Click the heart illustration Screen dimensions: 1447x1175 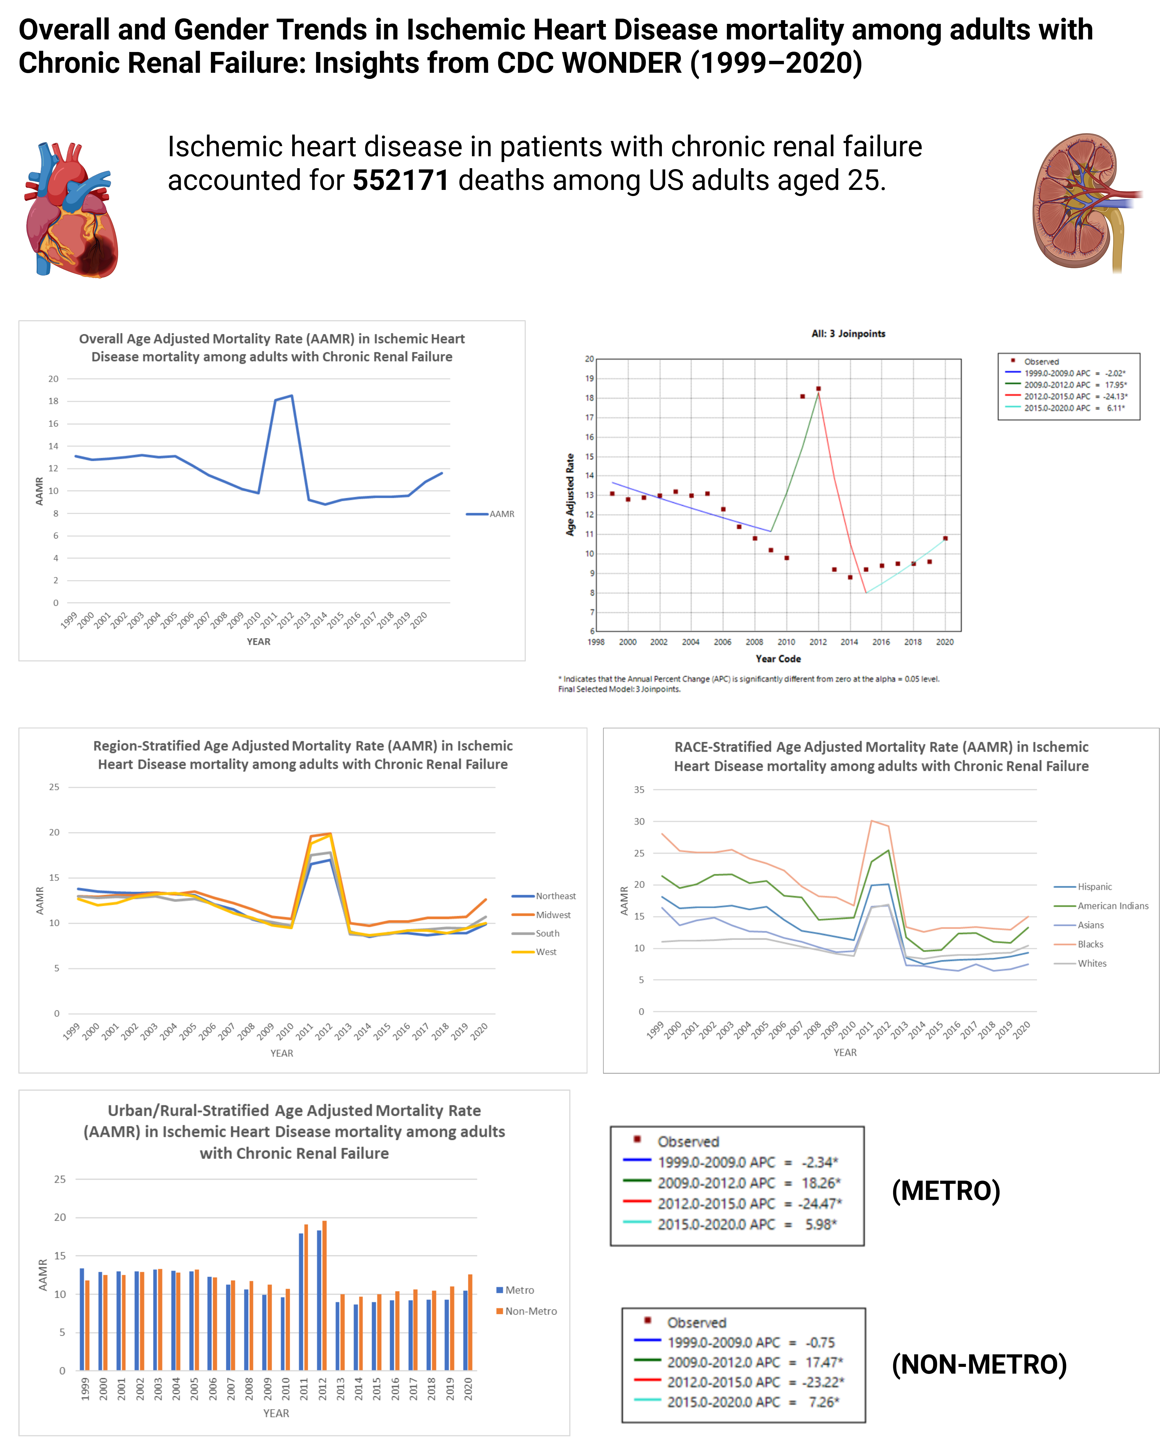(x=71, y=210)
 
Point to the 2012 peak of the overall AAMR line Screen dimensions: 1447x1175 (x=292, y=396)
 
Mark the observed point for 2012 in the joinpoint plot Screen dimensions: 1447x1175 (x=818, y=389)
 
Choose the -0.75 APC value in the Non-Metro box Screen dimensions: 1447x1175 (x=820, y=1342)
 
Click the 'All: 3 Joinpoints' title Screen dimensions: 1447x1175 (x=848, y=334)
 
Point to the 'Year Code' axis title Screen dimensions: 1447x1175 (x=778, y=659)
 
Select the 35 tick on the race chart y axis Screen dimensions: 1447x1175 (x=639, y=790)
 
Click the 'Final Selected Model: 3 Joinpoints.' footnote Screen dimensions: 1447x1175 (x=619, y=689)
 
